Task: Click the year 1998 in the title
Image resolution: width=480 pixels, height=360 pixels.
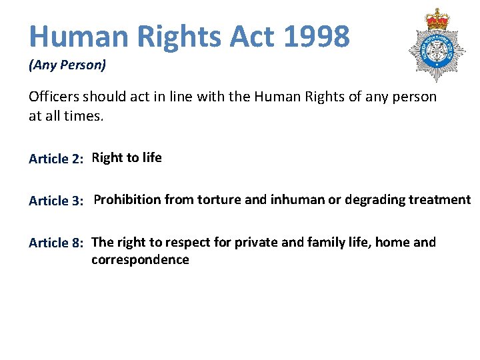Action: click(x=316, y=36)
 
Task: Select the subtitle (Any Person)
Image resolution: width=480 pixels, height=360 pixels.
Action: click(x=67, y=65)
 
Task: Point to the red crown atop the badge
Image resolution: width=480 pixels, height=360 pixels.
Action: click(x=437, y=19)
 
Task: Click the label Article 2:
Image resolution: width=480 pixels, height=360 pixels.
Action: click(x=56, y=159)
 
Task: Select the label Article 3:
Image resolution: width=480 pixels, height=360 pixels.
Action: click(x=56, y=201)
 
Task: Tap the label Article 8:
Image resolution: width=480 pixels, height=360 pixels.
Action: click(x=56, y=243)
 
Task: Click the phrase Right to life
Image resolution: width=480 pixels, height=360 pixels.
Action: click(x=127, y=158)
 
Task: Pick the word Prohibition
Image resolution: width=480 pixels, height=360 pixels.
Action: click(x=127, y=199)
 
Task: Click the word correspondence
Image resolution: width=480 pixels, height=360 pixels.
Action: click(x=140, y=260)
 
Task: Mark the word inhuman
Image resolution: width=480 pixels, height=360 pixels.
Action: click(x=297, y=199)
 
